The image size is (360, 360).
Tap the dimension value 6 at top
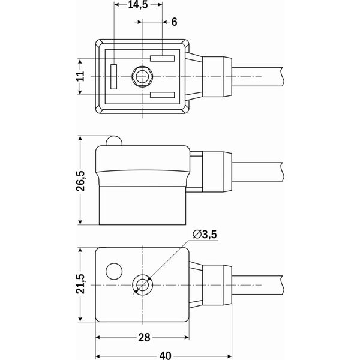(174, 22)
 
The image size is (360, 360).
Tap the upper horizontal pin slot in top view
(163, 59)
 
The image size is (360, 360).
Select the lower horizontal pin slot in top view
(163, 95)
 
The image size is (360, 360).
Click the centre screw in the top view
(142, 77)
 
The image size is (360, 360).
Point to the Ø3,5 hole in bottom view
(142, 284)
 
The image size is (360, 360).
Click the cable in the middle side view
(258, 171)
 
